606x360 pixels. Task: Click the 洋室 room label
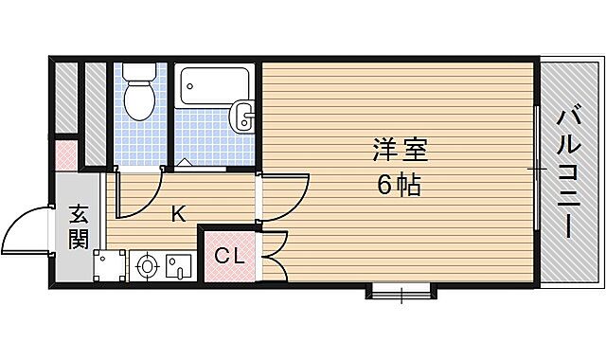pos(400,151)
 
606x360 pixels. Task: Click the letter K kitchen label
pos(177,214)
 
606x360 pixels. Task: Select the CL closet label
pos(228,255)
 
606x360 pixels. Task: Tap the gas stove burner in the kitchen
pos(147,266)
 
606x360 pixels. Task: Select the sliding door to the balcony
pos(537,171)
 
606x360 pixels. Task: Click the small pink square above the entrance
pos(65,153)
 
